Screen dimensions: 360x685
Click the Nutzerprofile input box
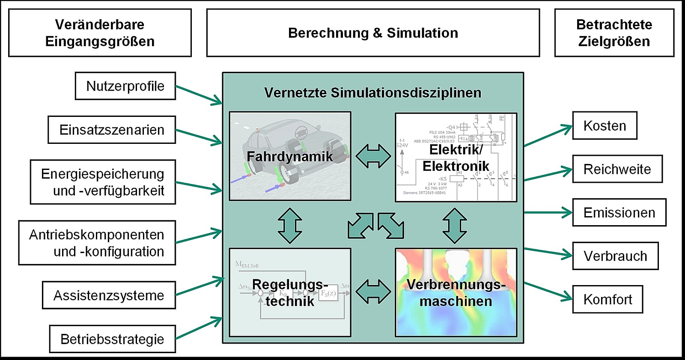(125, 86)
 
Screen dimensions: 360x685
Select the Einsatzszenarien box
(111, 130)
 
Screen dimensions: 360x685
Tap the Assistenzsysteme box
(109, 295)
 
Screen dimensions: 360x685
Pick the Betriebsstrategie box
(112, 339)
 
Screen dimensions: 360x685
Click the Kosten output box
(605, 126)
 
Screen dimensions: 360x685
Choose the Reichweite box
(617, 169)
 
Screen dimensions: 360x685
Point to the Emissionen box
(619, 212)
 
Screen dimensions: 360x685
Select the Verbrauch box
(615, 256)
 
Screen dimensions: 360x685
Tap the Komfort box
(608, 299)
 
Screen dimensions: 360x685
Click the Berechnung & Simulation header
(373, 33)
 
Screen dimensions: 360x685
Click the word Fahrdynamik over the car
(290, 157)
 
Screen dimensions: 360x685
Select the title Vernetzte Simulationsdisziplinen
(372, 92)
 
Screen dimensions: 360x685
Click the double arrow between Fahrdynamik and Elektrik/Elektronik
(373, 156)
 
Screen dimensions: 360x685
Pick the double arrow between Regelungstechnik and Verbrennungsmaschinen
(373, 292)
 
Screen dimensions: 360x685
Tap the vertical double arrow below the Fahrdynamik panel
(290, 226)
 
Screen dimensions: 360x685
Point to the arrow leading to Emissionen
(548, 212)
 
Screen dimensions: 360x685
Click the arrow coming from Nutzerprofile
(199, 95)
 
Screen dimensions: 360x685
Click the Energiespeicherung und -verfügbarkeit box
(103, 182)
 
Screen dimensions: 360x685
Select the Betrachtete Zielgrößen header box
(614, 33)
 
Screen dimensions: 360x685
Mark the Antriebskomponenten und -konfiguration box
(97, 243)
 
